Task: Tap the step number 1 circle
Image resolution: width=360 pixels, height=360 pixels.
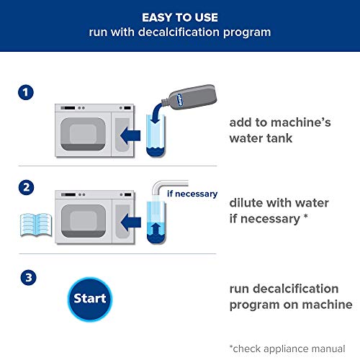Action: pyautogui.click(x=26, y=94)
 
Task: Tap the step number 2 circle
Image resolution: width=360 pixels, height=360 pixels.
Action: pyautogui.click(x=26, y=186)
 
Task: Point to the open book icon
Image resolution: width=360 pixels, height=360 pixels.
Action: pyautogui.click(x=34, y=222)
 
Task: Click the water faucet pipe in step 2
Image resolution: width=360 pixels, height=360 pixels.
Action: pyautogui.click(x=167, y=186)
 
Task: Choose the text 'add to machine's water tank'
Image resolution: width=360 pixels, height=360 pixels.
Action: pyautogui.click(x=279, y=130)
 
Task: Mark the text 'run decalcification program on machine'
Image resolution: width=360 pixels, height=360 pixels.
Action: pyautogui.click(x=291, y=297)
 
